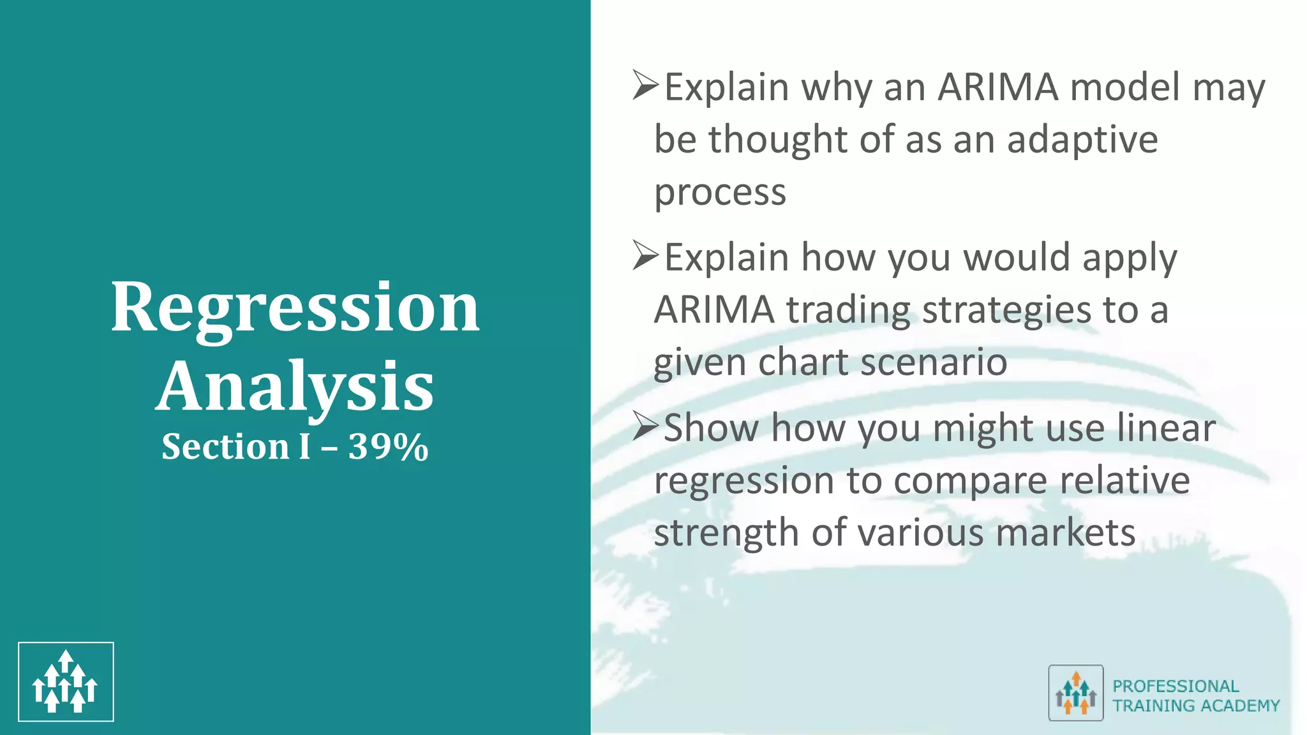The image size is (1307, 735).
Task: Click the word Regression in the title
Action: point(295,309)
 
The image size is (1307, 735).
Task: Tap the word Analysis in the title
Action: point(295,386)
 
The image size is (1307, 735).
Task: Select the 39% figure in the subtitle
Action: point(388,447)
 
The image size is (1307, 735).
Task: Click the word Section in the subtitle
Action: point(225,447)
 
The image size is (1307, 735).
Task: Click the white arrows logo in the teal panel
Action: point(66,681)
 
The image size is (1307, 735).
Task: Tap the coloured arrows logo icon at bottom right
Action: point(1075,693)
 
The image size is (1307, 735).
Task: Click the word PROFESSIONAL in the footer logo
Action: point(1176,686)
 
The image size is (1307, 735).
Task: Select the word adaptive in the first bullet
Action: point(1082,140)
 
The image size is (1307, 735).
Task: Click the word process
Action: point(720,193)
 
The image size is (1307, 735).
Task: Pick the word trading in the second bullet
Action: point(848,311)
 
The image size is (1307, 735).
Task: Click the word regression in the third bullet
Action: point(744,481)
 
